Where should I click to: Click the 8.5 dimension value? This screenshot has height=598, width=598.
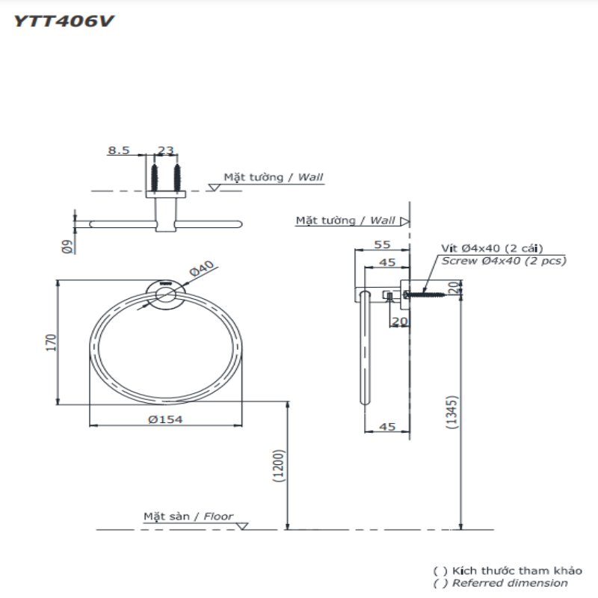click(x=118, y=150)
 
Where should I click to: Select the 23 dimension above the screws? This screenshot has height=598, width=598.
click(x=166, y=150)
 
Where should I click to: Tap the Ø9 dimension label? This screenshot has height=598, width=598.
click(x=67, y=247)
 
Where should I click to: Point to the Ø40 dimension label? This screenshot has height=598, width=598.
click(x=203, y=268)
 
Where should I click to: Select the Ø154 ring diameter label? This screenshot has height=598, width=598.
click(x=165, y=420)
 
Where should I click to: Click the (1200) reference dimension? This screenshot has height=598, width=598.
click(x=277, y=466)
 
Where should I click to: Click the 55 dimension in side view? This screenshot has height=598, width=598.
click(x=382, y=244)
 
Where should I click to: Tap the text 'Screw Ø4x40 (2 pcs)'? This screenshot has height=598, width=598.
click(x=503, y=261)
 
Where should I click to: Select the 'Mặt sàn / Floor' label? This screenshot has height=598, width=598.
click(x=188, y=517)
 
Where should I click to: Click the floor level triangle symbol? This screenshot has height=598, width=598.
click(x=241, y=526)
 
